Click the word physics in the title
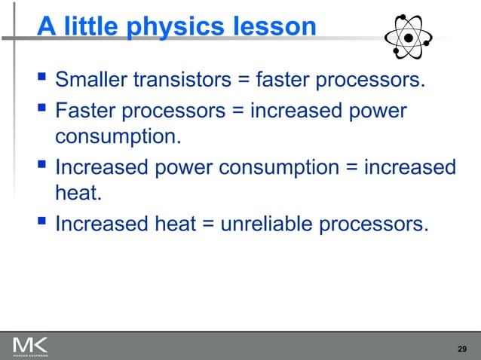click(x=169, y=27)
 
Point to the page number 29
click(x=463, y=349)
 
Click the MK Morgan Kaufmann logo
click(x=30, y=346)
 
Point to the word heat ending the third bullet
click(x=78, y=194)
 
